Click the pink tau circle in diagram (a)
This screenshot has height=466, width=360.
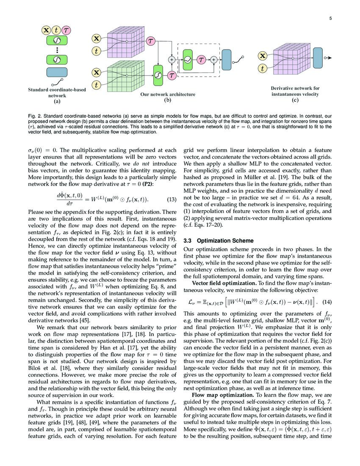point(66,30)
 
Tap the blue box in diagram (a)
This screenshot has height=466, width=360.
point(56,72)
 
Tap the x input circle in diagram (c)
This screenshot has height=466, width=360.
point(263,55)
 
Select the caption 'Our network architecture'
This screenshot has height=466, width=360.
point(168,94)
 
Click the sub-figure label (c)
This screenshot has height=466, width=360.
point(295,100)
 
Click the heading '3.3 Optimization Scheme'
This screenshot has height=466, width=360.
point(218,241)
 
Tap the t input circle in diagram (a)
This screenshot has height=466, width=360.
point(56,30)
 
